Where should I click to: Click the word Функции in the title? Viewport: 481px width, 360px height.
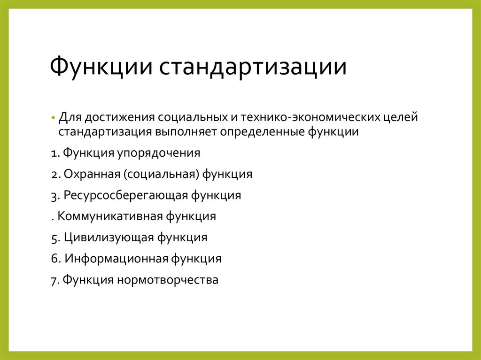click(101, 67)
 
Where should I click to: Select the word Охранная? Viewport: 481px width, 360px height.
click(92, 174)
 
